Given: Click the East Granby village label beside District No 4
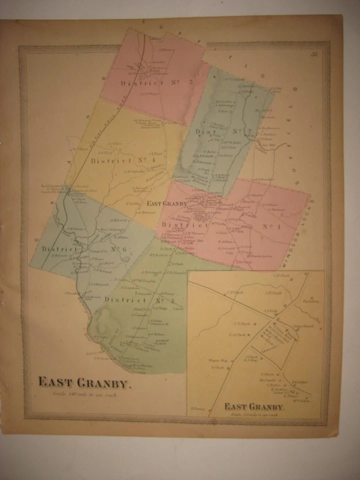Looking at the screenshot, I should click(166, 203).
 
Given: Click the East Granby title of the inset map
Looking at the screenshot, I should click(254, 406).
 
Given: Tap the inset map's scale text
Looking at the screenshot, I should click(254, 414).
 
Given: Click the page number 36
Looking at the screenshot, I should click(314, 55).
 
